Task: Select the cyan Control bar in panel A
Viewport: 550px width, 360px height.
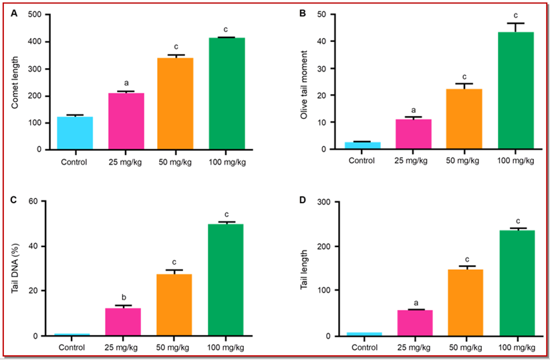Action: [x=74, y=133]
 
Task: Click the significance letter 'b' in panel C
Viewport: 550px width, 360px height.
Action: [x=123, y=295]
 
